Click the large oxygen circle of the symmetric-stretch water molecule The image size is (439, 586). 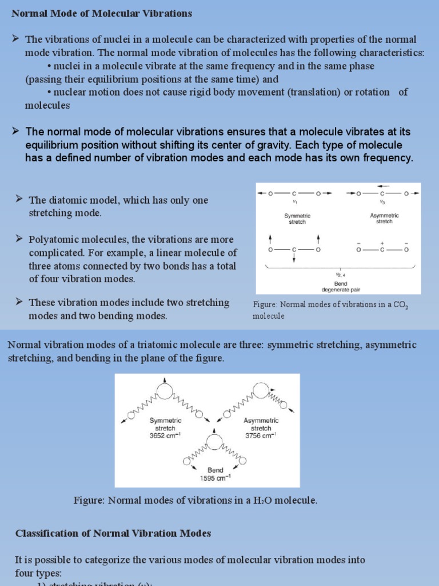tap(165, 390)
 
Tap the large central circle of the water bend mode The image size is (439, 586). tap(215, 442)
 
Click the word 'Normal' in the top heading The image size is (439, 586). tap(28, 13)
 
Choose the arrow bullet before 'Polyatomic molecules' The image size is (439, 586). tap(19, 238)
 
